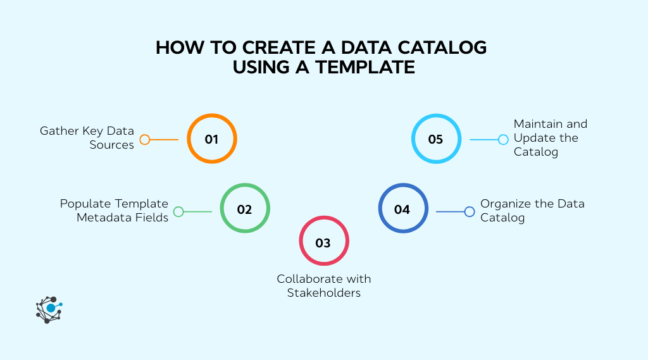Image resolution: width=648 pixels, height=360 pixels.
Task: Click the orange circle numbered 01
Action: point(211,139)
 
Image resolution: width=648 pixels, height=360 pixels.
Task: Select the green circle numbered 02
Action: point(245,209)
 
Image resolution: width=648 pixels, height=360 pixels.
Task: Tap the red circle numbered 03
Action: point(323,242)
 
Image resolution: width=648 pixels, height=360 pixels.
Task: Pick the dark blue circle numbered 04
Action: point(402,209)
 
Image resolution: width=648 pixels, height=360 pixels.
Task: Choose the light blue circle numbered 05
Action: point(436,139)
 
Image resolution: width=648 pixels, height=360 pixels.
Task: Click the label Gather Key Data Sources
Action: point(87,138)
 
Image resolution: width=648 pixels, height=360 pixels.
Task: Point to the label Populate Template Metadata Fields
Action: point(114,211)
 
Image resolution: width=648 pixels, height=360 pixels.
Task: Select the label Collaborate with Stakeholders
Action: point(323,286)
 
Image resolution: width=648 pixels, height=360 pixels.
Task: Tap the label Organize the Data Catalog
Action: point(532,211)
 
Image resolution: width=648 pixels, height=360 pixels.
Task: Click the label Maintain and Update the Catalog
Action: point(550,138)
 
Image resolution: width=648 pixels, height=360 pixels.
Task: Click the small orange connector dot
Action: point(145,140)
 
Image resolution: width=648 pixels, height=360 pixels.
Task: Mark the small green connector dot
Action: point(178,212)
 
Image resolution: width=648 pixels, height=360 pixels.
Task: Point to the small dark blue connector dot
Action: point(470,212)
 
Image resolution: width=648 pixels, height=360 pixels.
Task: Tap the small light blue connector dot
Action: point(503,140)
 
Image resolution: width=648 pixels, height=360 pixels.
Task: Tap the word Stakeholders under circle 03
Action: point(323,293)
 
